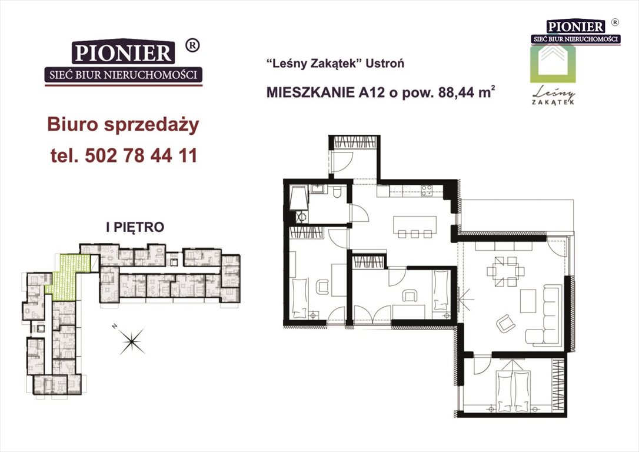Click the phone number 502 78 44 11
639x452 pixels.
coord(141,155)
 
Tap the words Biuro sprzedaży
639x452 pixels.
coord(123,125)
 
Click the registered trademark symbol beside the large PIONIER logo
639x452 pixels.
coord(192,45)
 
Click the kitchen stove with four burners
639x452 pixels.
coord(426,190)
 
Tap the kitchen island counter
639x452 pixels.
coord(415,222)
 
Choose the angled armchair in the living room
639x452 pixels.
coord(505,323)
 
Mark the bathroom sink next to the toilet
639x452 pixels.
coord(318,188)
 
